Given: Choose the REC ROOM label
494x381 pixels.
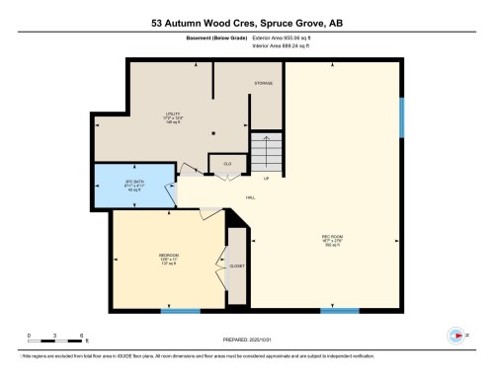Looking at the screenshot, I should click(x=331, y=238).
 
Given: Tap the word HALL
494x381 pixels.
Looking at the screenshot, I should click(x=251, y=198).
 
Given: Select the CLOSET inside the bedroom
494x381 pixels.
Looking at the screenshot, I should click(x=236, y=266).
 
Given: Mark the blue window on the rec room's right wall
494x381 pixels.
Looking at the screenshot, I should click(x=402, y=117).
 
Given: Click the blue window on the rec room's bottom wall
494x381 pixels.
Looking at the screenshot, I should click(x=339, y=311).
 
